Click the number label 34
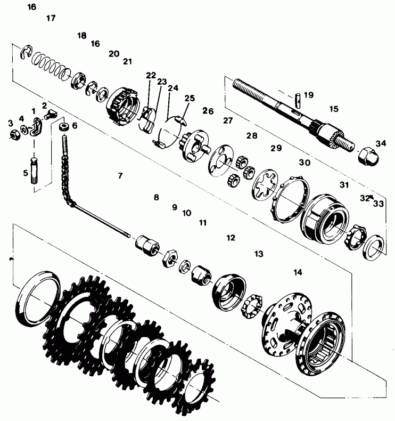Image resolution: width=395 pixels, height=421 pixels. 381,143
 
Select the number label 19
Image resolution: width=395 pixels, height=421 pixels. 309,95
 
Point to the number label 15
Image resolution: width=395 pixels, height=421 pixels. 334,109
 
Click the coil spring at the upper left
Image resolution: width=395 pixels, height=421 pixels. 51,67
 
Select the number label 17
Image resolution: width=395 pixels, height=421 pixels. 51,18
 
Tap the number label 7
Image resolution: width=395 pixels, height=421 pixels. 120,175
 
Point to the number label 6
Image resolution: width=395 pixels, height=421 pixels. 75,126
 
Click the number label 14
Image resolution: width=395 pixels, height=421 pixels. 298,272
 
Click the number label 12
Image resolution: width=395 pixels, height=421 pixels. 231,238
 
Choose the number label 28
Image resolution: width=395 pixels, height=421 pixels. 252,135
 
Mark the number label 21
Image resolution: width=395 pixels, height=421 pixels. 127,61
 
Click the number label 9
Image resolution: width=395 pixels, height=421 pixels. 174,207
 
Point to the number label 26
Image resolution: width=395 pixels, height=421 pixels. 208,111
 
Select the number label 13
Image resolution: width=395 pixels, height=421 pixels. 259,254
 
